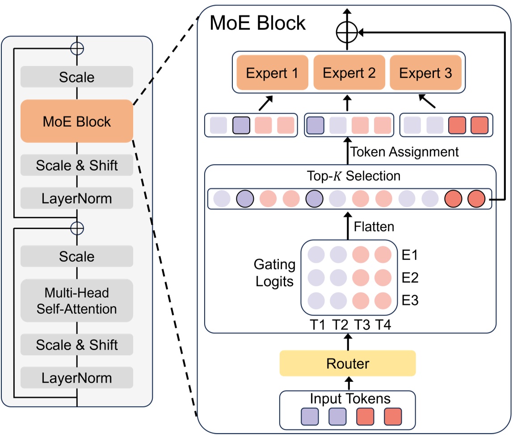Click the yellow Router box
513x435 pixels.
tap(348, 363)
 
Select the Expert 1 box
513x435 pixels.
tap(272, 73)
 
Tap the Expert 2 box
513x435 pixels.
tap(349, 73)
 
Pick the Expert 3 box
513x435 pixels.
tap(425, 73)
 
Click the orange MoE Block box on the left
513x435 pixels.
tap(77, 121)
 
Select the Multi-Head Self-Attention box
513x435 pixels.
tap(77, 301)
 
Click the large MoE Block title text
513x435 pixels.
tap(258, 23)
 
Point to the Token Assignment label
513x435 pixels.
tap(404, 152)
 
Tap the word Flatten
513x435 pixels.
tap(374, 226)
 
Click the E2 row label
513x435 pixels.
tap(410, 278)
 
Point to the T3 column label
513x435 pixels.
tap(362, 325)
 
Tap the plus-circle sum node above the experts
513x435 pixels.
tap(347, 33)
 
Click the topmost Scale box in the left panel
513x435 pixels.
tap(77, 77)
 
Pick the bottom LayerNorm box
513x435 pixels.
tap(77, 378)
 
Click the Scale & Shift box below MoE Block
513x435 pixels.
tap(77, 166)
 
